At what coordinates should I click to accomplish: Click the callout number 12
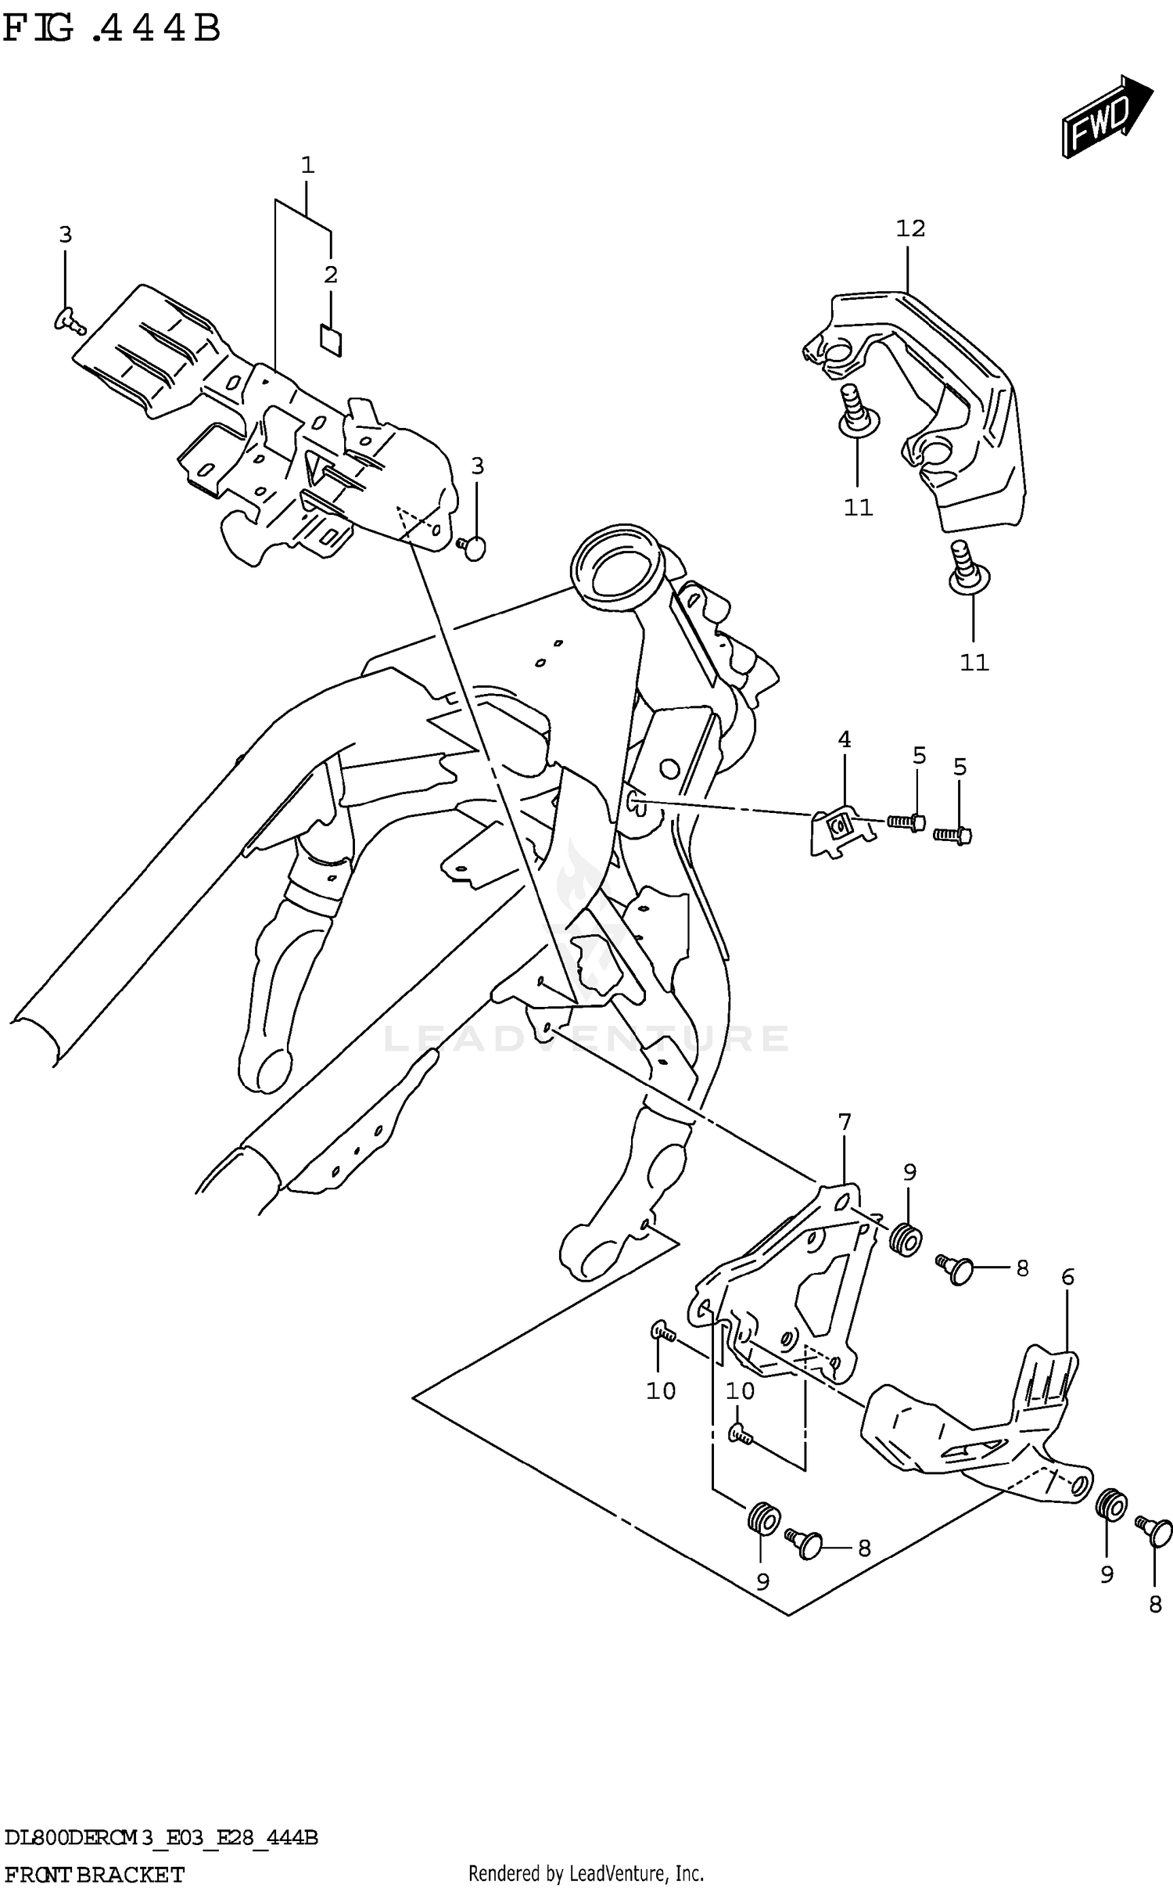[910, 229]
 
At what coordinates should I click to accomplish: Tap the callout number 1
[307, 165]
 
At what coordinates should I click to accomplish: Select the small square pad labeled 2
[331, 340]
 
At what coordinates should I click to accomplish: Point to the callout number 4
[845, 739]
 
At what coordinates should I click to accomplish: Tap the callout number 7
[845, 1123]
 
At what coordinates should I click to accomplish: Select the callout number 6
[1067, 1278]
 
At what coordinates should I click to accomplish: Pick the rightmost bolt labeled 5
[952, 836]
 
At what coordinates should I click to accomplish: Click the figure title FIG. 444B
[112, 29]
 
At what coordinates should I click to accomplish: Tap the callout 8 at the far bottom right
[1155, 1605]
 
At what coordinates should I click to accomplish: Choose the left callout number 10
[660, 1390]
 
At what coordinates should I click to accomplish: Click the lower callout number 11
[974, 663]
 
